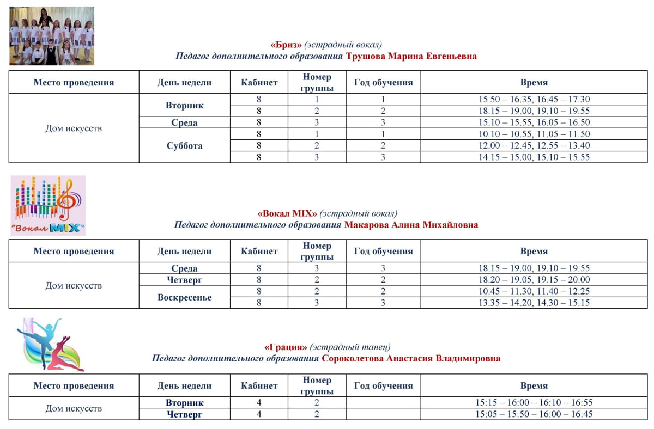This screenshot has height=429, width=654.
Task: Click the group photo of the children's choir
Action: (52, 36)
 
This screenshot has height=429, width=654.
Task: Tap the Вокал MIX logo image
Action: (49, 205)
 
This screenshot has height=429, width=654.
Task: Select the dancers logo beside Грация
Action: (50, 345)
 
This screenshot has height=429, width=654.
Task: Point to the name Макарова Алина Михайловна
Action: (411, 225)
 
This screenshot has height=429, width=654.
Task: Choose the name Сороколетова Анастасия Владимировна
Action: (411, 359)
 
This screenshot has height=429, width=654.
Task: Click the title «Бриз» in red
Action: (286, 45)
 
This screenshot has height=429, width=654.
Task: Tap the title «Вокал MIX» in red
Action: (287, 213)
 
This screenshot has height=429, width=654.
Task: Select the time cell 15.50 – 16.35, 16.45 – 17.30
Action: (534, 99)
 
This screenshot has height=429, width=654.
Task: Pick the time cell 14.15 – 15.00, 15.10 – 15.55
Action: (534, 157)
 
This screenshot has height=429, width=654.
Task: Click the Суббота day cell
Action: (184, 145)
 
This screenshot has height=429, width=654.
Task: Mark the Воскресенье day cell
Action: (184, 297)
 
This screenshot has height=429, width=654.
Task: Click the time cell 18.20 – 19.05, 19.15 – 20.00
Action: (534, 280)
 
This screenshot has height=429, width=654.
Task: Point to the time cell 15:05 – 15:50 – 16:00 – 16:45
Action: (534, 414)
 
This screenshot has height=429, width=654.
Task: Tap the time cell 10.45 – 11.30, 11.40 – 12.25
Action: (534, 291)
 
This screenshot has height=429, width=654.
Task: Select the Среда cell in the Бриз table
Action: (184, 122)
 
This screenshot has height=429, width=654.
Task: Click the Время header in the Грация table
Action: (534, 385)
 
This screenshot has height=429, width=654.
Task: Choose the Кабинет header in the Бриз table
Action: (259, 83)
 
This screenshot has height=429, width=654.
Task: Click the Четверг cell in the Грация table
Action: (184, 414)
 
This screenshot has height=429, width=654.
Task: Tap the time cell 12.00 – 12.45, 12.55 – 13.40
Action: (534, 145)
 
